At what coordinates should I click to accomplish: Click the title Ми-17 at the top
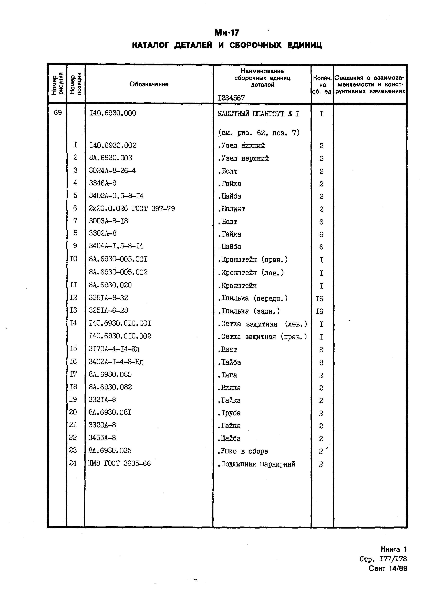point(226,33)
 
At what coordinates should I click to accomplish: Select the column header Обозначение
point(149,84)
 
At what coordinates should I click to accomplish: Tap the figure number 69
point(58,113)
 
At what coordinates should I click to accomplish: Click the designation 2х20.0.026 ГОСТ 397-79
point(132,208)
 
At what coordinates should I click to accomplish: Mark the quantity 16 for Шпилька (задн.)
point(319,311)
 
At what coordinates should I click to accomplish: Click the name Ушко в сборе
point(243,451)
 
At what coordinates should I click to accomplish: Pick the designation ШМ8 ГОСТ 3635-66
point(120,463)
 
